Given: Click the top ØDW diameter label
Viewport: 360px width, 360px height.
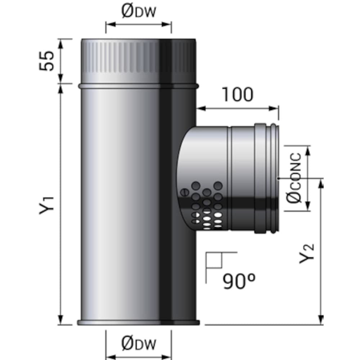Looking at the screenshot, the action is click(x=139, y=12).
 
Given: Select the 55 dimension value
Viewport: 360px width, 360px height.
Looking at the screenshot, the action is click(x=47, y=60).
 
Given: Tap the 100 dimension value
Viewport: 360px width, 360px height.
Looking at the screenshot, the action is click(x=238, y=94).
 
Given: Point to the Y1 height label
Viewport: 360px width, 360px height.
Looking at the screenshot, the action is click(x=47, y=206).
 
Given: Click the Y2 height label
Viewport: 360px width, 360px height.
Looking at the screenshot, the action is click(x=307, y=253).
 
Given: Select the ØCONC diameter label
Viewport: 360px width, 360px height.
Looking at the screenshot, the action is click(x=294, y=178).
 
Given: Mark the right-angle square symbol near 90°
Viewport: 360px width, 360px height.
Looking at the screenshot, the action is click(x=214, y=260).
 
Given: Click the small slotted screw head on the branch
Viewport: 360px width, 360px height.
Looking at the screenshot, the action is click(x=184, y=192).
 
